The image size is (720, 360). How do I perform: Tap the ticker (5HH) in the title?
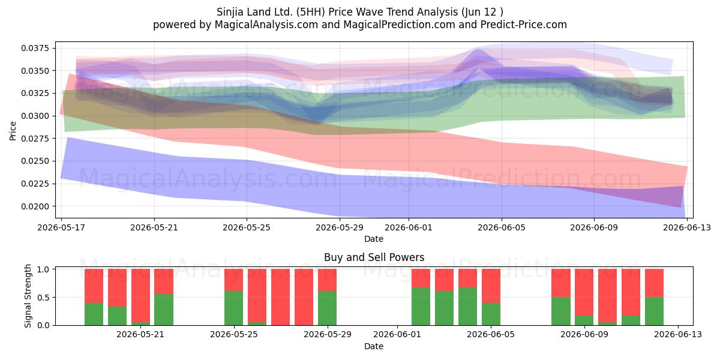point(311,12)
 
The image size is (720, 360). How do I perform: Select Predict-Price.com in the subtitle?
point(524,25)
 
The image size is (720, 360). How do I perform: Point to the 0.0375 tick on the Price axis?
point(35,48)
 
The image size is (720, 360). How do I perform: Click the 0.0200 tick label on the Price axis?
point(35,206)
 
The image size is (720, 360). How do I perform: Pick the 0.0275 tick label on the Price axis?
point(35,139)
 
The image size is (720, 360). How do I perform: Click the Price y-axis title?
point(13,131)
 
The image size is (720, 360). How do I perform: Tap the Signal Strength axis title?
point(28,296)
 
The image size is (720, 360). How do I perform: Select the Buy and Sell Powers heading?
point(374,257)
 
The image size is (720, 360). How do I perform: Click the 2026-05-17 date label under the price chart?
point(61,227)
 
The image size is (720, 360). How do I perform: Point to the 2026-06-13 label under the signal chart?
point(678,335)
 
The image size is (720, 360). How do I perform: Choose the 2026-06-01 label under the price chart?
point(409,227)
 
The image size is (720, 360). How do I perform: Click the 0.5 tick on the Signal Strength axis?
point(43,298)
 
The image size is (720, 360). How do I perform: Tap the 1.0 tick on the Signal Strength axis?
point(43,269)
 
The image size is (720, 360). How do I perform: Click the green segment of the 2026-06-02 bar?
point(421,307)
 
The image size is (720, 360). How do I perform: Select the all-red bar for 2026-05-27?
point(280,297)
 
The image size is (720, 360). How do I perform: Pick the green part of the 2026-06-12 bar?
point(654,311)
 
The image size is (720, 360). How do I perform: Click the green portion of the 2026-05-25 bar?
point(233,308)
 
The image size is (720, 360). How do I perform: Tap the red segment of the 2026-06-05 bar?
point(491,286)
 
